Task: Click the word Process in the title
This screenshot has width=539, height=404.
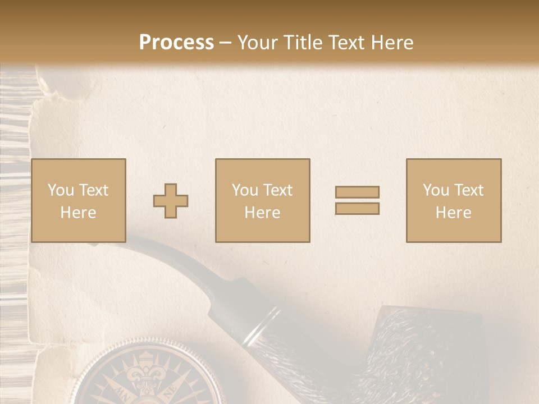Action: (x=176, y=43)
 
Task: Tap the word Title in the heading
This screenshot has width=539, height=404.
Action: (x=303, y=43)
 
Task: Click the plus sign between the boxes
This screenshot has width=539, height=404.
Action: (x=171, y=201)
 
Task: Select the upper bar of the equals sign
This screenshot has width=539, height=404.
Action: (x=357, y=192)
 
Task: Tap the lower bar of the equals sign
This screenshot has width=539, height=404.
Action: (x=357, y=208)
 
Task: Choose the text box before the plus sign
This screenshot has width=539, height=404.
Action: (x=78, y=200)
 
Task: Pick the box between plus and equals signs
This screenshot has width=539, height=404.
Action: (x=262, y=200)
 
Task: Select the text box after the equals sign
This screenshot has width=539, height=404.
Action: (x=453, y=200)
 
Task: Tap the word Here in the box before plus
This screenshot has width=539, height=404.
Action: (x=78, y=212)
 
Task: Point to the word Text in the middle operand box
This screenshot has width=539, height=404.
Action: (x=277, y=190)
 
